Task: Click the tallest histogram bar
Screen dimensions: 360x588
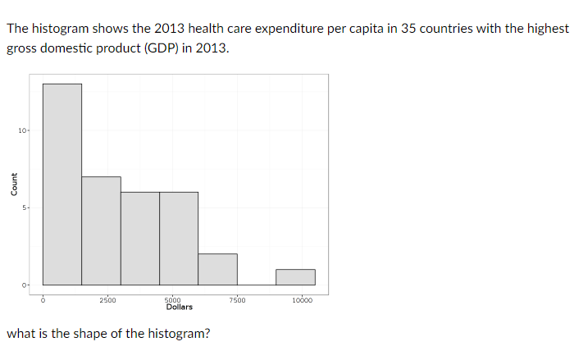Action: click(62, 185)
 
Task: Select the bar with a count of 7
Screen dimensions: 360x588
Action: click(101, 230)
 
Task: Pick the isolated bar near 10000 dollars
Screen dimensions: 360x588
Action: click(295, 277)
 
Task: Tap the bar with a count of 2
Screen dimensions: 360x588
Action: click(217, 269)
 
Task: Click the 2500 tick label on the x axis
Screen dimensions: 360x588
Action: click(107, 300)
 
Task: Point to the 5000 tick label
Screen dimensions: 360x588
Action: click(173, 300)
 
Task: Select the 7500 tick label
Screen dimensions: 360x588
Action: click(237, 300)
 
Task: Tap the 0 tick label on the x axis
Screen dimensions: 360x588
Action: click(43, 300)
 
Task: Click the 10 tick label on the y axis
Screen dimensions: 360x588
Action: click(22, 130)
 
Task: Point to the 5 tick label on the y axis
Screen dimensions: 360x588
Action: click(25, 207)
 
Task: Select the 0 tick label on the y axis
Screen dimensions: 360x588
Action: click(25, 285)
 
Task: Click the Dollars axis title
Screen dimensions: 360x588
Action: click(179, 308)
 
